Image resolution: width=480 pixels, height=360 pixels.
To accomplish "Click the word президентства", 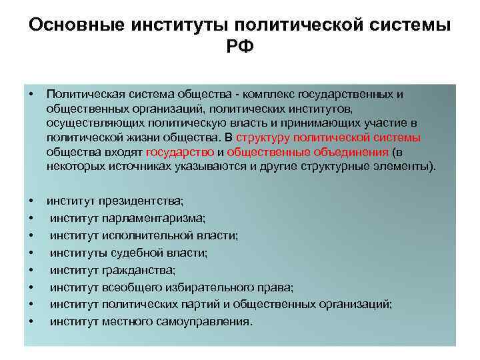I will (x=141, y=201).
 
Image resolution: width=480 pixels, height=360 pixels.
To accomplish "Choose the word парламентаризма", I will (x=155, y=218).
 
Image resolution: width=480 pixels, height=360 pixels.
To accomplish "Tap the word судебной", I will (x=131, y=253).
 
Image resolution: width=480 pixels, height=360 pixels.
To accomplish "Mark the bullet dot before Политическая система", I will (x=31, y=94).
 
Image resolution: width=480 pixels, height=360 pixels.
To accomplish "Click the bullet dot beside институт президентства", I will (x=31, y=201).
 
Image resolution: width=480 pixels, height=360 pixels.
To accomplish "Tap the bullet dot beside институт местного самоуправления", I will (x=31, y=322).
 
